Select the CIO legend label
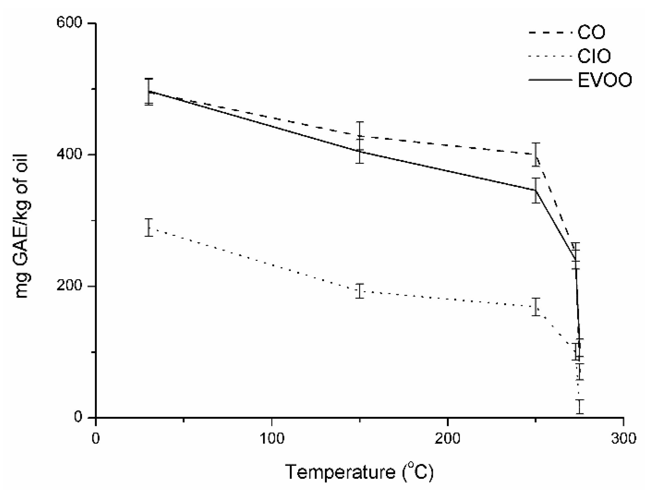click(x=594, y=56)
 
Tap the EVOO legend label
click(x=604, y=80)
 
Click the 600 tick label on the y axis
click(x=69, y=23)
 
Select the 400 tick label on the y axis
click(x=69, y=154)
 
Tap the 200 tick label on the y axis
click(x=69, y=286)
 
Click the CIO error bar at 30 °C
click(x=149, y=227)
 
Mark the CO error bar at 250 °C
click(x=536, y=154)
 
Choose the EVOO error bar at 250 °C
click(x=536, y=190)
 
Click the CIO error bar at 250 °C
click(x=536, y=307)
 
